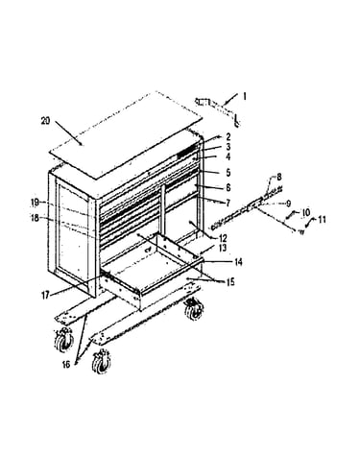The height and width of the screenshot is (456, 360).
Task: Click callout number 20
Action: click(46, 121)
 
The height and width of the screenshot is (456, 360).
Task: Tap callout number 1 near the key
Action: click(245, 96)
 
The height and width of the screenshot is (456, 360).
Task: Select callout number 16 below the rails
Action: click(66, 365)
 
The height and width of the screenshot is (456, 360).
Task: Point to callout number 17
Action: click(46, 295)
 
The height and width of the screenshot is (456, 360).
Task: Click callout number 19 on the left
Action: click(36, 203)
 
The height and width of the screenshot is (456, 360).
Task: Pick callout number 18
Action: click(36, 219)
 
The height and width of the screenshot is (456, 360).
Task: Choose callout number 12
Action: click(223, 238)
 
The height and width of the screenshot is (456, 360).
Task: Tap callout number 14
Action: click(238, 262)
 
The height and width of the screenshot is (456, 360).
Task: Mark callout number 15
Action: click(230, 282)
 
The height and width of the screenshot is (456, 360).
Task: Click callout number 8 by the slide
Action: click(279, 177)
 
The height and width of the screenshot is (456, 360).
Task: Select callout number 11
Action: click(322, 220)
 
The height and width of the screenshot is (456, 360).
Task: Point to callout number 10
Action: click(306, 212)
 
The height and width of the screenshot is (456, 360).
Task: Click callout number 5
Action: click(228, 173)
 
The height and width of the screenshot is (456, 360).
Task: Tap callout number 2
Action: click(228, 137)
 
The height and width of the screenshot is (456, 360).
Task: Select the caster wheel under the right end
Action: click(194, 308)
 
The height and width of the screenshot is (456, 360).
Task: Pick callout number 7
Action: click(228, 203)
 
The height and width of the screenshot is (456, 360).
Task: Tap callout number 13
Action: click(223, 248)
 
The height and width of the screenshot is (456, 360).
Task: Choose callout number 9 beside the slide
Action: click(288, 204)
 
